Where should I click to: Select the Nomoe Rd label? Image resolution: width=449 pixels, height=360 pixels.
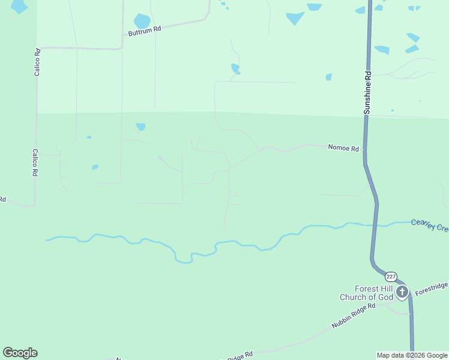343,148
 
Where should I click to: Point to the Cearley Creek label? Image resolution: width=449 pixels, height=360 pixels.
429,225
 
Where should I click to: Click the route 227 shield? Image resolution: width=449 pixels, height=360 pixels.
391,277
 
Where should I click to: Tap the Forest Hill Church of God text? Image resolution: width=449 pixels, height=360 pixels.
366,292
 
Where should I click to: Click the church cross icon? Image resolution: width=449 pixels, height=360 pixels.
402,292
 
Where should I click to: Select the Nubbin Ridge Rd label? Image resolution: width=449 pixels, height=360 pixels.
354,316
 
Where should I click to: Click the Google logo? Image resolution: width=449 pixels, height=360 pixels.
20,353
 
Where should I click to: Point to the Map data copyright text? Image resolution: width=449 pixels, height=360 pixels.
412,355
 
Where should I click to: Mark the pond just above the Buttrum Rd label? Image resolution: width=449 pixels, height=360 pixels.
142,21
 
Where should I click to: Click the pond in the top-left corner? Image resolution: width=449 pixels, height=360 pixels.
19,6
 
